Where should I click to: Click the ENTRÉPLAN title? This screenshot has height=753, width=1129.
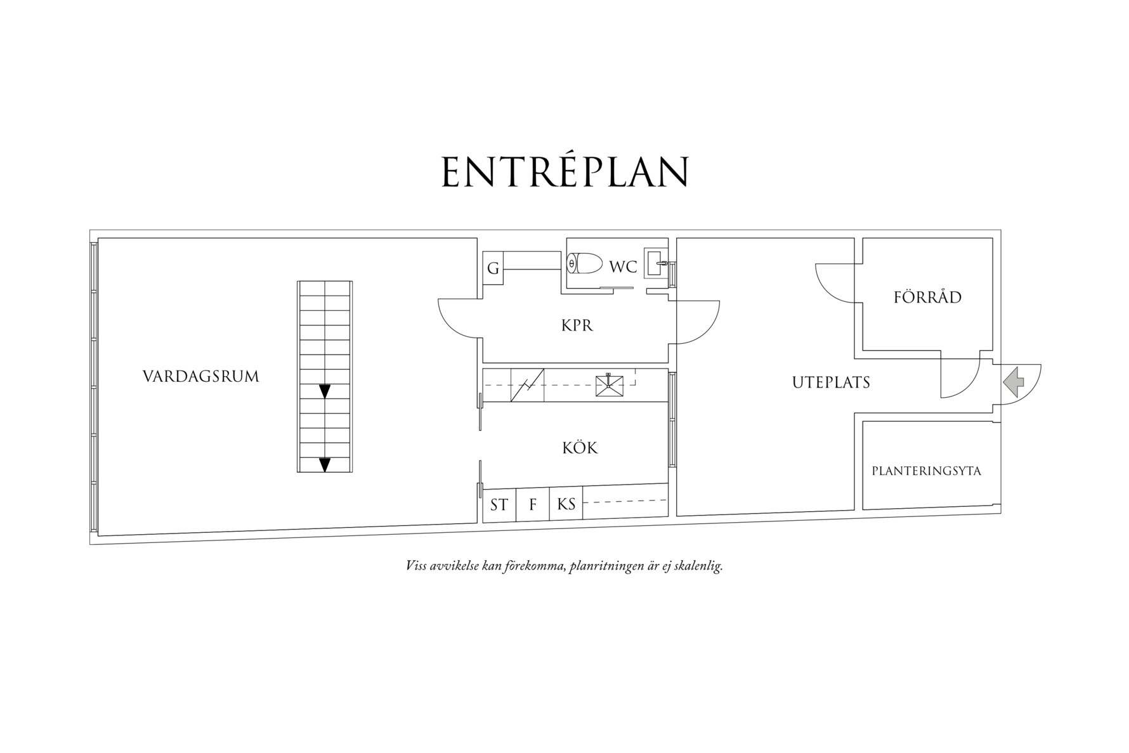coord(564,171)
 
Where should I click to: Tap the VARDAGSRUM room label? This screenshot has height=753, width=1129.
coord(201,376)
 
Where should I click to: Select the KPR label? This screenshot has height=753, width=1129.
coord(577,325)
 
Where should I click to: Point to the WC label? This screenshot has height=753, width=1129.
coord(623,267)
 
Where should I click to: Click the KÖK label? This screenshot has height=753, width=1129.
coord(580,448)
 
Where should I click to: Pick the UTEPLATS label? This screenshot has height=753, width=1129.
coord(831,383)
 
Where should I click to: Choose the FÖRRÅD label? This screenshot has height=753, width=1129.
coord(927,297)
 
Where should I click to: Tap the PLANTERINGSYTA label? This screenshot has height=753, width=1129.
coord(926,471)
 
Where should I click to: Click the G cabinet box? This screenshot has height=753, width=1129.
coord(493,268)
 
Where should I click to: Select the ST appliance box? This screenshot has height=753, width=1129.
coord(499,505)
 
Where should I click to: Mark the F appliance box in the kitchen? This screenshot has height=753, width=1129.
coord(533,505)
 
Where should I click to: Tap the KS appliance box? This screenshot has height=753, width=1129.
coord(566,505)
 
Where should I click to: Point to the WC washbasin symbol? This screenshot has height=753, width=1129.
coord(656,263)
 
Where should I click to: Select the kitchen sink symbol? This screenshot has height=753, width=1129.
coord(609,386)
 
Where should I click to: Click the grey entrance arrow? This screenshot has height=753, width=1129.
coord(1013,382)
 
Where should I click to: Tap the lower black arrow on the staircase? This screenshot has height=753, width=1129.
coord(325,464)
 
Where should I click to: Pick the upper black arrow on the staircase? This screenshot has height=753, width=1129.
coord(325,391)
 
